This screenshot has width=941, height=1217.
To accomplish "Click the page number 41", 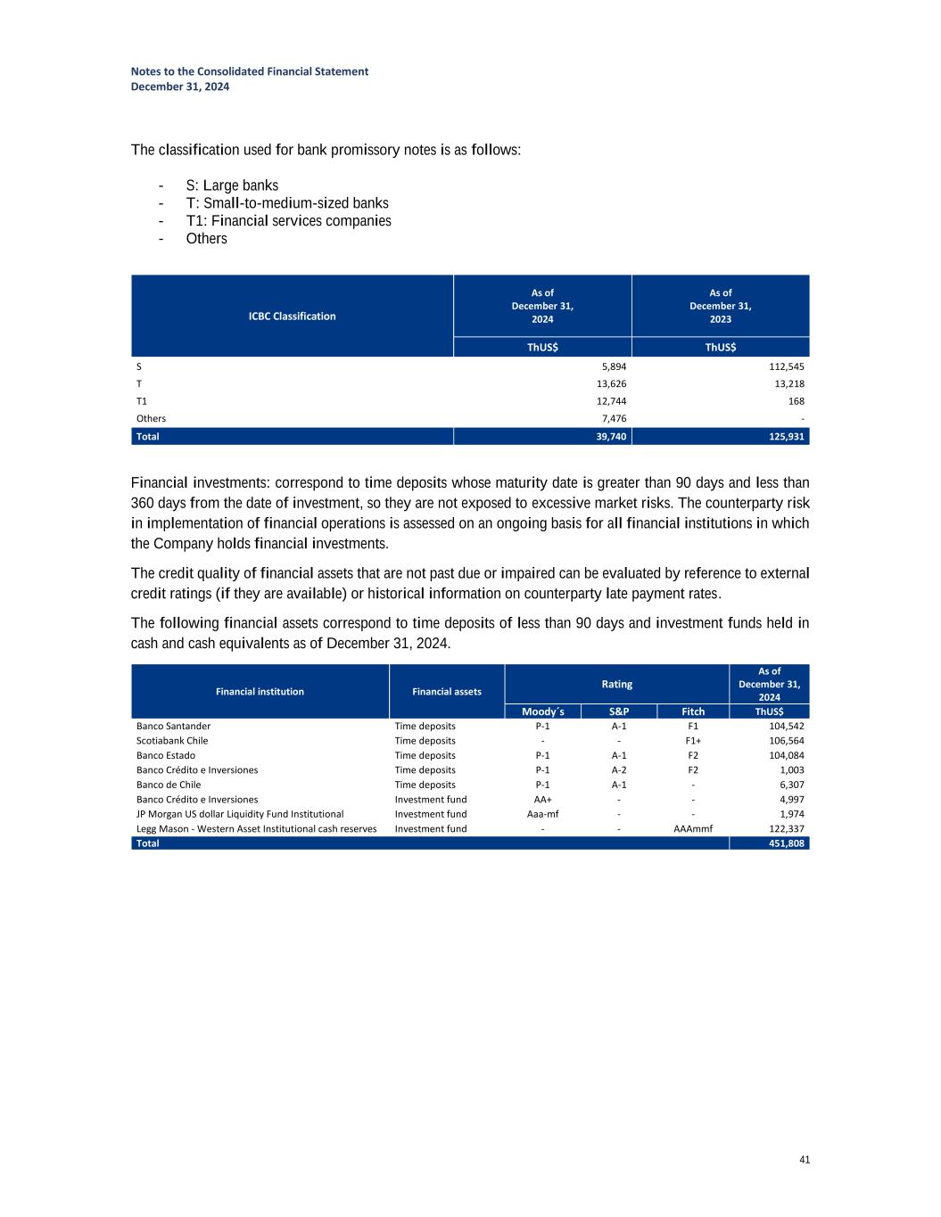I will [805, 1159].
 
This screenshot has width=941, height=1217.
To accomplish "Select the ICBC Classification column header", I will [292, 316].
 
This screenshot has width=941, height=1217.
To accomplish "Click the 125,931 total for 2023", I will [785, 436].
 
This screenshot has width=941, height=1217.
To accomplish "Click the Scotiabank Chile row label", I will [172, 740].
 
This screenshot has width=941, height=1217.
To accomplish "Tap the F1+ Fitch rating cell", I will [693, 740].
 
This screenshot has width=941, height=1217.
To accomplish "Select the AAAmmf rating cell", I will [693, 828].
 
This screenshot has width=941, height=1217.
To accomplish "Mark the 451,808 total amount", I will [785, 843].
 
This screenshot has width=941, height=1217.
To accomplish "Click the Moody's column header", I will [542, 711].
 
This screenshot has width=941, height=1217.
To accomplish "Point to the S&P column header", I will [618, 711].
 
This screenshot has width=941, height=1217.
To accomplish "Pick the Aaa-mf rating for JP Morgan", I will [542, 814].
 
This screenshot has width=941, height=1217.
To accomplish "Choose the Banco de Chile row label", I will [169, 785].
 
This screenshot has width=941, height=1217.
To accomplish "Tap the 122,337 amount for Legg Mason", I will [785, 828].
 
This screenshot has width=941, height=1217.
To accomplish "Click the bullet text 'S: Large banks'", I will [232, 185].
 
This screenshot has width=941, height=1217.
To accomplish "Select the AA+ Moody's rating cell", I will [542, 799].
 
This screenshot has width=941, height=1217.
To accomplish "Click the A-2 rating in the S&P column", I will [618, 769].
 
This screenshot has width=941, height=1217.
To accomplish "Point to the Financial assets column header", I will [447, 691].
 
